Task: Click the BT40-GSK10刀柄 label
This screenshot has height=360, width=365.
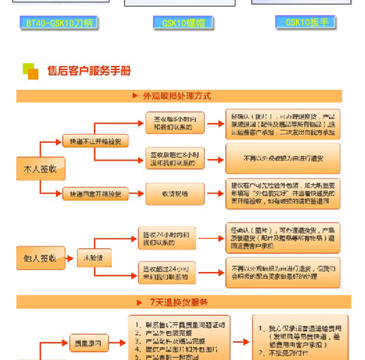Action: click(59, 23)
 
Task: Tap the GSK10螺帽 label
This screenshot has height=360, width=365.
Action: click(183, 23)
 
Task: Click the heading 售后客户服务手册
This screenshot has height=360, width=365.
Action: click(89, 71)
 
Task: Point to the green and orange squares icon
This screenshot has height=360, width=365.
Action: click(31, 71)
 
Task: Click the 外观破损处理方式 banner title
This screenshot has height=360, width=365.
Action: click(177, 96)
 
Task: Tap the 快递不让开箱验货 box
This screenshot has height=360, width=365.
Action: click(95, 141)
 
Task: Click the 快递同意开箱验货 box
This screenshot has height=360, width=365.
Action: click(95, 194)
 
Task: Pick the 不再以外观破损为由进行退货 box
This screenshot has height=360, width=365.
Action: click(283, 158)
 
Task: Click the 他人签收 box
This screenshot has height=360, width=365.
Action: click(40, 258)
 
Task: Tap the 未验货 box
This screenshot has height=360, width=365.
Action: click(94, 258)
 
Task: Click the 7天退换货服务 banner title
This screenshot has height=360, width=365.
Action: click(179, 302)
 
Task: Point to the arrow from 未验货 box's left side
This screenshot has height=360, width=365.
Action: click(70, 258)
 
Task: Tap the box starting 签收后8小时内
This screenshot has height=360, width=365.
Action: click(175, 122)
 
